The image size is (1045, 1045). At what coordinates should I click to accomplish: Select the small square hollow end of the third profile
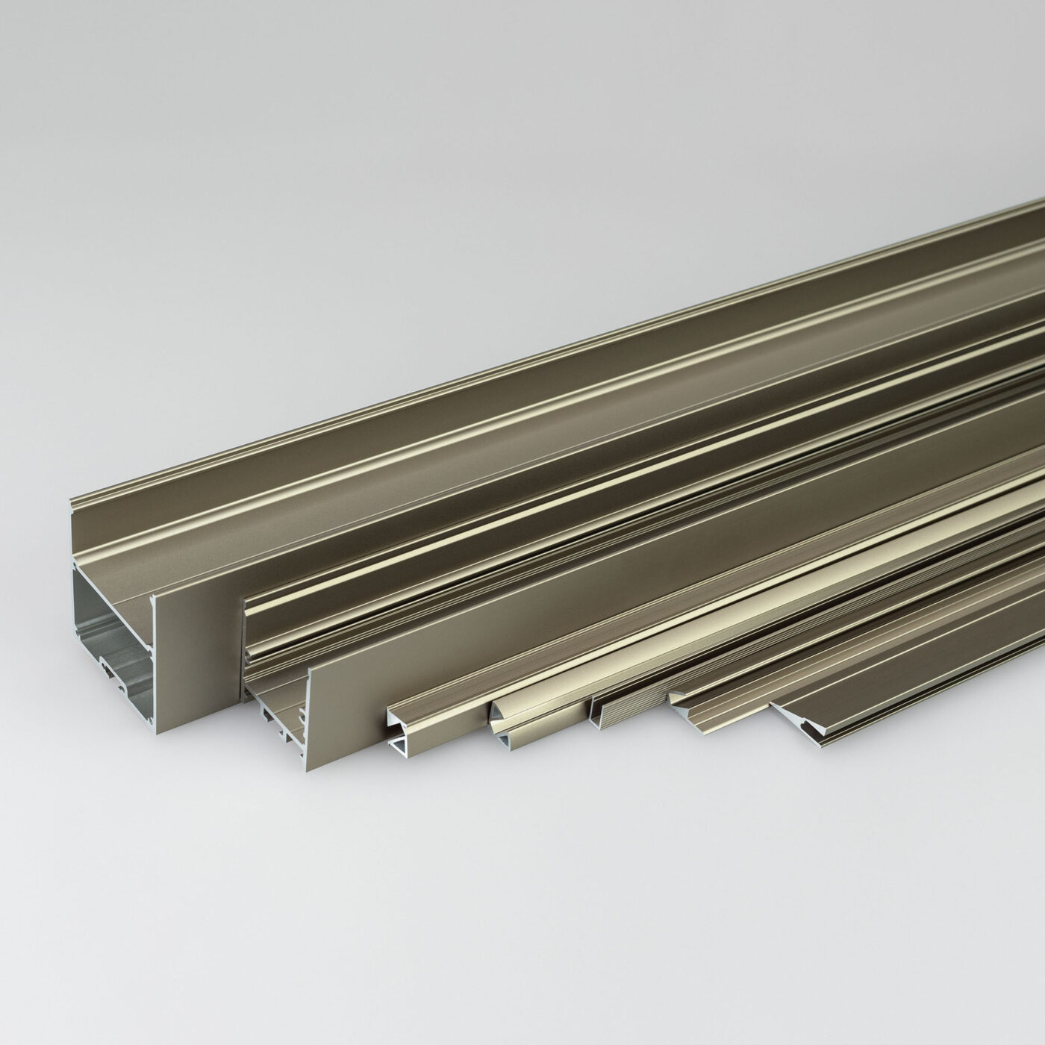tap(399, 731)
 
